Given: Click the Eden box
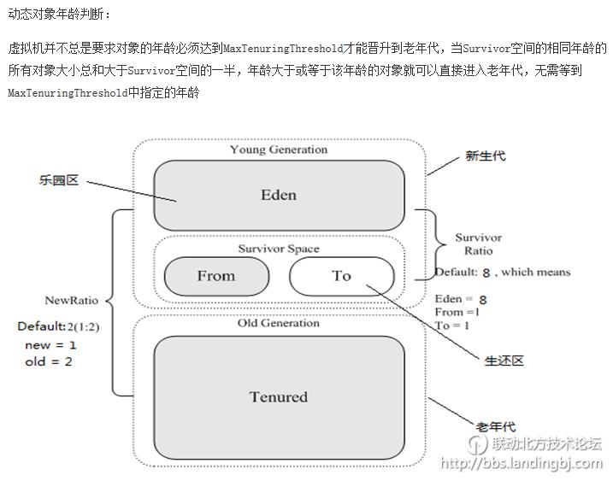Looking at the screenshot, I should pyautogui.click(x=279, y=195).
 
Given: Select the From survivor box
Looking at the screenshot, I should pyautogui.click(x=215, y=275).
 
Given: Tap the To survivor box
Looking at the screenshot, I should pyautogui.click(x=341, y=275).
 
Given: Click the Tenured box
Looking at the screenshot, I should pyautogui.click(x=279, y=396).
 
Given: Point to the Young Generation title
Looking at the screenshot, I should pyautogui.click(x=279, y=150).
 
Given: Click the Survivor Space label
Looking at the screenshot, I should pyautogui.click(x=279, y=249).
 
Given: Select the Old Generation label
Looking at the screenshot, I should pyautogui.click(x=279, y=323).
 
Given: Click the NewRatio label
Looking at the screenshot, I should pyautogui.click(x=71, y=301).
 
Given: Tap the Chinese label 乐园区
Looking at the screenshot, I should pyautogui.click(x=59, y=180).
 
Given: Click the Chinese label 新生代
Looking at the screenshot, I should pyautogui.click(x=485, y=155).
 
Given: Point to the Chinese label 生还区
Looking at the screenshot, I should pyautogui.click(x=504, y=361).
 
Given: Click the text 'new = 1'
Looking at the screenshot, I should pyautogui.click(x=50, y=345).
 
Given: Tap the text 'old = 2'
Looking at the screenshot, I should pyautogui.click(x=49, y=361).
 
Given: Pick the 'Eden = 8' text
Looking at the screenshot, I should pyautogui.click(x=461, y=299).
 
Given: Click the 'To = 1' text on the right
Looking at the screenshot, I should pyautogui.click(x=452, y=326).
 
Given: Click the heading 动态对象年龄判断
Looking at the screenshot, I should pyautogui.click(x=59, y=15).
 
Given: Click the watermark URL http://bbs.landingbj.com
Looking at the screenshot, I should pyautogui.click(x=522, y=463).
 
